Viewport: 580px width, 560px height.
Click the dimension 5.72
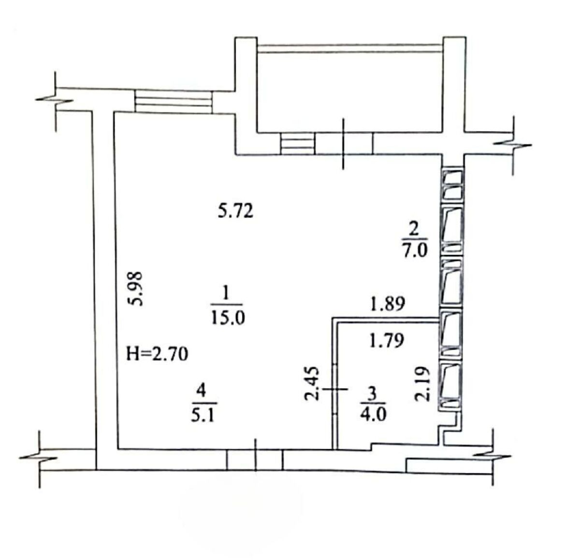tap(235, 211)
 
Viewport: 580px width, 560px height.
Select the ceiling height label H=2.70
tap(157, 354)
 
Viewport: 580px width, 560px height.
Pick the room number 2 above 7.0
tap(415, 229)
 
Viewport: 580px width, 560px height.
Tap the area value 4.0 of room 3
tap(373, 414)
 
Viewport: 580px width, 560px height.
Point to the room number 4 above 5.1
tap(202, 390)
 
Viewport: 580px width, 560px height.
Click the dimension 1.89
tap(387, 304)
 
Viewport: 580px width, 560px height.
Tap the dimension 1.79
tap(387, 340)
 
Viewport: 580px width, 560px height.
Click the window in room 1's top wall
tap(174, 101)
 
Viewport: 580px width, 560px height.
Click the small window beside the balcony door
tap(297, 143)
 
